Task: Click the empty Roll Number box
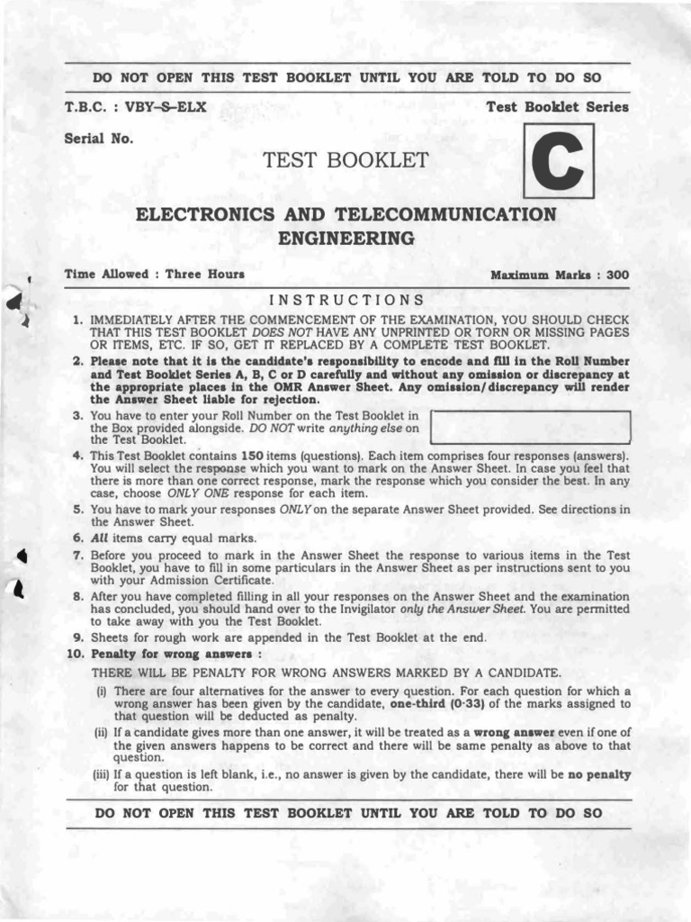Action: pos(531,427)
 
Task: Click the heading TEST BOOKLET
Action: pos(345,160)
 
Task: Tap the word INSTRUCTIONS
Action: pos(346,299)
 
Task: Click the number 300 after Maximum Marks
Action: pos(617,275)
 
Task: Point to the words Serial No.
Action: pos(99,139)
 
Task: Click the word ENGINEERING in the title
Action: pos(346,239)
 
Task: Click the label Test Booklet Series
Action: pos(557,106)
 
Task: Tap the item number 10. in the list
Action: pos(76,655)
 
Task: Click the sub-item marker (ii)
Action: pos(101,732)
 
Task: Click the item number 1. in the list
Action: pos(78,321)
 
